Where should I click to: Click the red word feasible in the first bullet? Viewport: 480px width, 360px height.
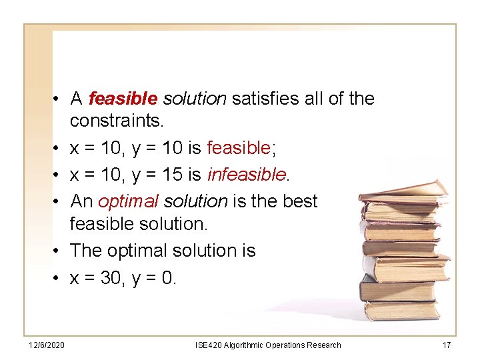(122, 99)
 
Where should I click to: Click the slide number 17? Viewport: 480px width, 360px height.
(446, 345)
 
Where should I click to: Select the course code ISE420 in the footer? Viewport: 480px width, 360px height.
(207, 345)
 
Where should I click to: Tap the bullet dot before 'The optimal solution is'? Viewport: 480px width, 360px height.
(59, 251)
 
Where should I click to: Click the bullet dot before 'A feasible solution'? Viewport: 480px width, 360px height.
(59, 99)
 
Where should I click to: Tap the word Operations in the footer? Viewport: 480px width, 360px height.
(285, 345)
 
